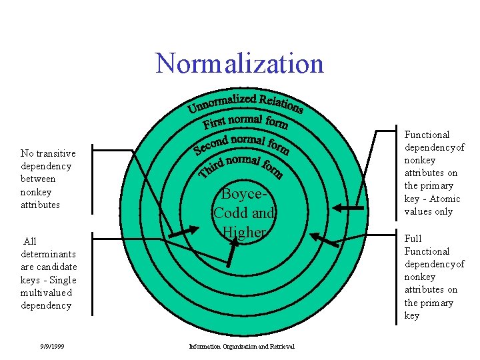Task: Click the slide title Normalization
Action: (x=239, y=63)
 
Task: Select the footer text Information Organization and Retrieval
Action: (x=242, y=346)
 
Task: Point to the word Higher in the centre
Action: (x=244, y=232)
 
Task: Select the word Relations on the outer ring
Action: (x=281, y=103)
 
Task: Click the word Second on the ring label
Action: (x=211, y=144)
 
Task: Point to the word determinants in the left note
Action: (x=48, y=254)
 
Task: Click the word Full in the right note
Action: (x=413, y=239)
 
